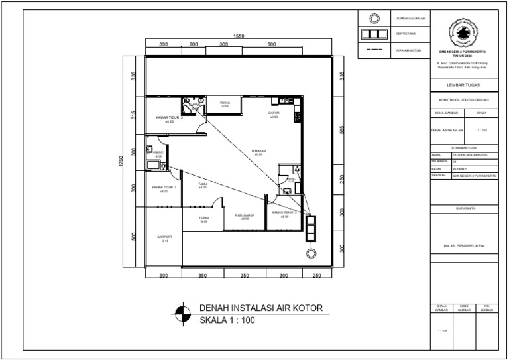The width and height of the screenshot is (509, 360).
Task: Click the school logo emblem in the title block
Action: [x=463, y=33]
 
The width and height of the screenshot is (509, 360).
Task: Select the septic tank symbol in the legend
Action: [x=374, y=33]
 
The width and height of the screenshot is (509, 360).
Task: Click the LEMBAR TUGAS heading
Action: [x=463, y=84]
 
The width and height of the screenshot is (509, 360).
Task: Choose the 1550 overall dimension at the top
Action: [x=239, y=36]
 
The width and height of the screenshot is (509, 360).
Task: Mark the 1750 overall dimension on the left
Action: [x=121, y=161]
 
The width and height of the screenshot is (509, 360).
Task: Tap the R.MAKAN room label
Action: [x=258, y=151]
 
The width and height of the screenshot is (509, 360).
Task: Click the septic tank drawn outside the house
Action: [x=310, y=229]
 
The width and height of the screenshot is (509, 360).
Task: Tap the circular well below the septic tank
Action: [x=310, y=253]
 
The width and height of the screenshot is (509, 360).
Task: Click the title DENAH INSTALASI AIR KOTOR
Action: [x=260, y=308]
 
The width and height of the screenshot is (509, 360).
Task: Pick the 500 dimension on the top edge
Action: [x=272, y=44]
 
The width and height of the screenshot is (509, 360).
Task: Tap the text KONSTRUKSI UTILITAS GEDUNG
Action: [x=463, y=99]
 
